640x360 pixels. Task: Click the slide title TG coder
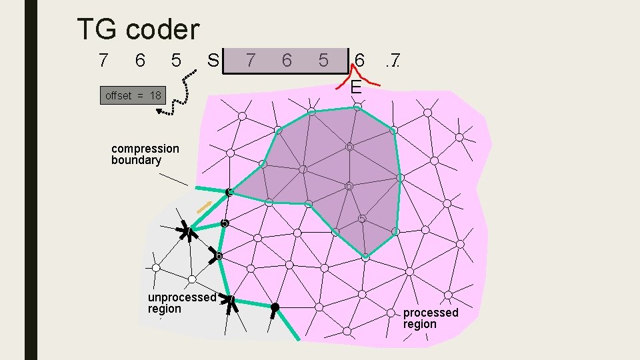[138, 29]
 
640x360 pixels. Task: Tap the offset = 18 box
[133, 96]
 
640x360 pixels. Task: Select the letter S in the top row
[213, 61]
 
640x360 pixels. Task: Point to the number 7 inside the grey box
[250, 61]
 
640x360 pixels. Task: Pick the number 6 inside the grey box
[287, 61]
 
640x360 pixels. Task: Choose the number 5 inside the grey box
[323, 61]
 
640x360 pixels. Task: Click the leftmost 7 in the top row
[103, 61]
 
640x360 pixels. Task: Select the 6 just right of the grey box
[360, 61]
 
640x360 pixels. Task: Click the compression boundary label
[145, 154]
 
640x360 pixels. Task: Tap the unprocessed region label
[181, 303]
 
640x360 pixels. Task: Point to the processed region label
[430, 318]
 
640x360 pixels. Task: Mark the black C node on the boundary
[228, 193]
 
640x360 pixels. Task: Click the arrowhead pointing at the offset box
[161, 111]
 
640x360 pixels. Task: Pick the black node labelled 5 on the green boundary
[225, 223]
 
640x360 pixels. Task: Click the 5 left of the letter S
[176, 61]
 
